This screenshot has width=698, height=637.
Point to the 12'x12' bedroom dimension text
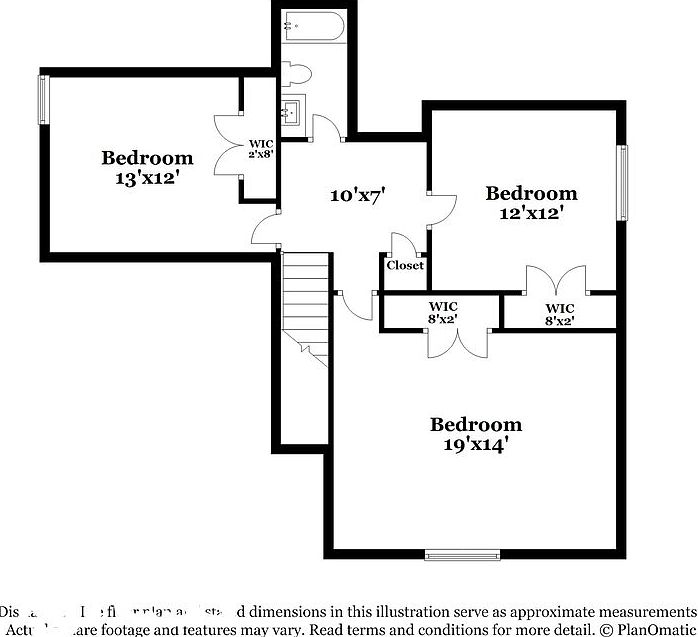tap(531, 213)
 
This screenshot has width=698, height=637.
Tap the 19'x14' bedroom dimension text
tap(476, 445)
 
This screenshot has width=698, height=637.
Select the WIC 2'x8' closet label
tap(261, 149)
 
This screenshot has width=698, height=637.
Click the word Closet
tap(405, 265)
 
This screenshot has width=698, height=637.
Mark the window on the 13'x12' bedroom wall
tap(43, 100)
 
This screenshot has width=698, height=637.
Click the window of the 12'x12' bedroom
tap(621, 183)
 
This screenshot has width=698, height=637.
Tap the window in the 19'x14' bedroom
tap(462, 554)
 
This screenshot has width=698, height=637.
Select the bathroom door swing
tap(325, 128)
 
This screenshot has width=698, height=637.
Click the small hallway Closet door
tap(403, 245)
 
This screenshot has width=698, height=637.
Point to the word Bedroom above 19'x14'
tap(476, 425)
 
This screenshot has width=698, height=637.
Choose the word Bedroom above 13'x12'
tap(147, 158)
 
